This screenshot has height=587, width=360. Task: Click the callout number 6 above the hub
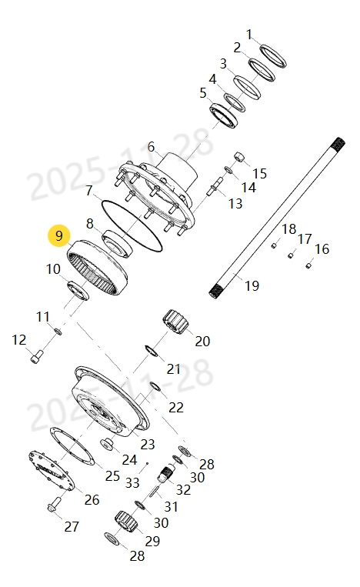(x=151, y=146)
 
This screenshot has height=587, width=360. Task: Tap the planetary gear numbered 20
(x=176, y=321)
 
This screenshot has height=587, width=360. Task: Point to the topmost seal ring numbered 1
(x=272, y=55)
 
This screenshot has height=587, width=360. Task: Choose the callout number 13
(x=235, y=204)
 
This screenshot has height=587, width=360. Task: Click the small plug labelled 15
(x=238, y=158)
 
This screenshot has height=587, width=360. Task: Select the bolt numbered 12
(x=35, y=357)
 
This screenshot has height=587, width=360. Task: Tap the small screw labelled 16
(x=308, y=265)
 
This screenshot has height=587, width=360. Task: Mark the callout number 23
(x=147, y=444)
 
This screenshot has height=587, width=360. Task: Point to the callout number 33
(x=133, y=483)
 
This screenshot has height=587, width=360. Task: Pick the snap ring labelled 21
(x=152, y=352)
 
